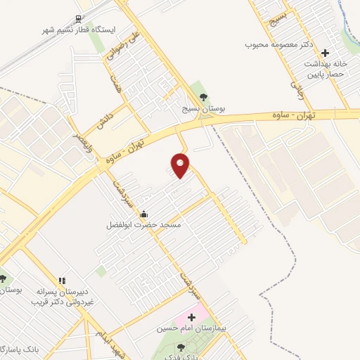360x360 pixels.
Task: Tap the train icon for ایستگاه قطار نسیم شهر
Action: click(77, 19)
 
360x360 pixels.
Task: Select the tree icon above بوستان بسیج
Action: click(203, 97)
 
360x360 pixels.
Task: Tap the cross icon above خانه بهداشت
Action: click(324, 53)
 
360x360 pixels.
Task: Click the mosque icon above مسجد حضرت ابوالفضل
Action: click(144, 214)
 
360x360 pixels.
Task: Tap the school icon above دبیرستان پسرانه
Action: click(62, 281)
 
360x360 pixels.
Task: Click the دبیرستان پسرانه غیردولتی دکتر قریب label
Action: click(61, 297)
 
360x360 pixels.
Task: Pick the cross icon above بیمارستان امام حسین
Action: click(191, 318)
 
